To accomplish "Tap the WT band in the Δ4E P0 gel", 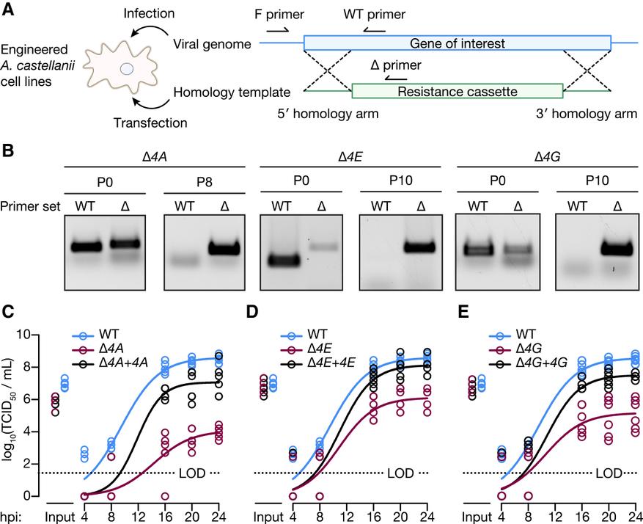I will (x=282, y=260).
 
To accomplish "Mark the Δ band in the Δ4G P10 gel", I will (x=617, y=249).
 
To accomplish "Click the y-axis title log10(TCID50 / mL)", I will (x=12, y=415).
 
